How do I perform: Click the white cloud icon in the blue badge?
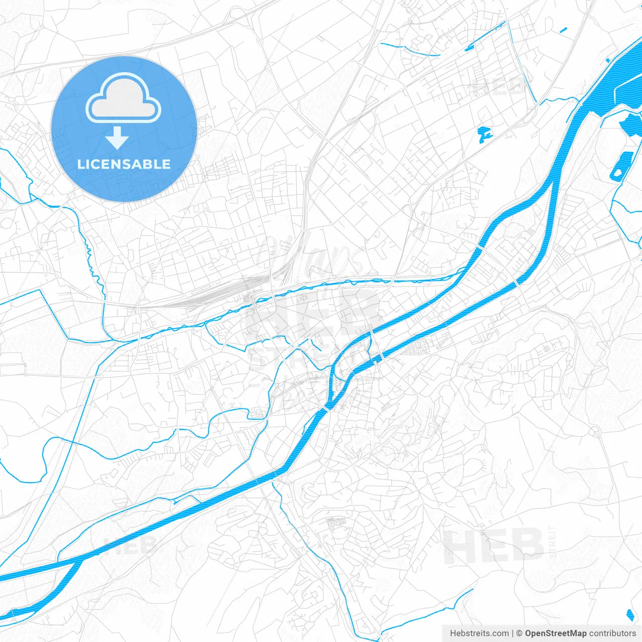[123, 98]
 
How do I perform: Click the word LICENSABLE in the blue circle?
[124, 164]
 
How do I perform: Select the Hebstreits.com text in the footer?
[479, 633]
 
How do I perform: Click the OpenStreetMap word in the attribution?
[556, 633]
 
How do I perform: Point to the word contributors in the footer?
[612, 633]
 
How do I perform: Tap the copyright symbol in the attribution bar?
[520, 633]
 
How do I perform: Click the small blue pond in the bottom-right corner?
[630, 614]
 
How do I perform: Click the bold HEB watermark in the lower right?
[494, 546]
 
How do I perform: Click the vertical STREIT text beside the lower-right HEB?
[553, 542]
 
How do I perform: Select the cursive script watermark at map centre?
[311, 256]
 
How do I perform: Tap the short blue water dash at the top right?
[563, 30]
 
